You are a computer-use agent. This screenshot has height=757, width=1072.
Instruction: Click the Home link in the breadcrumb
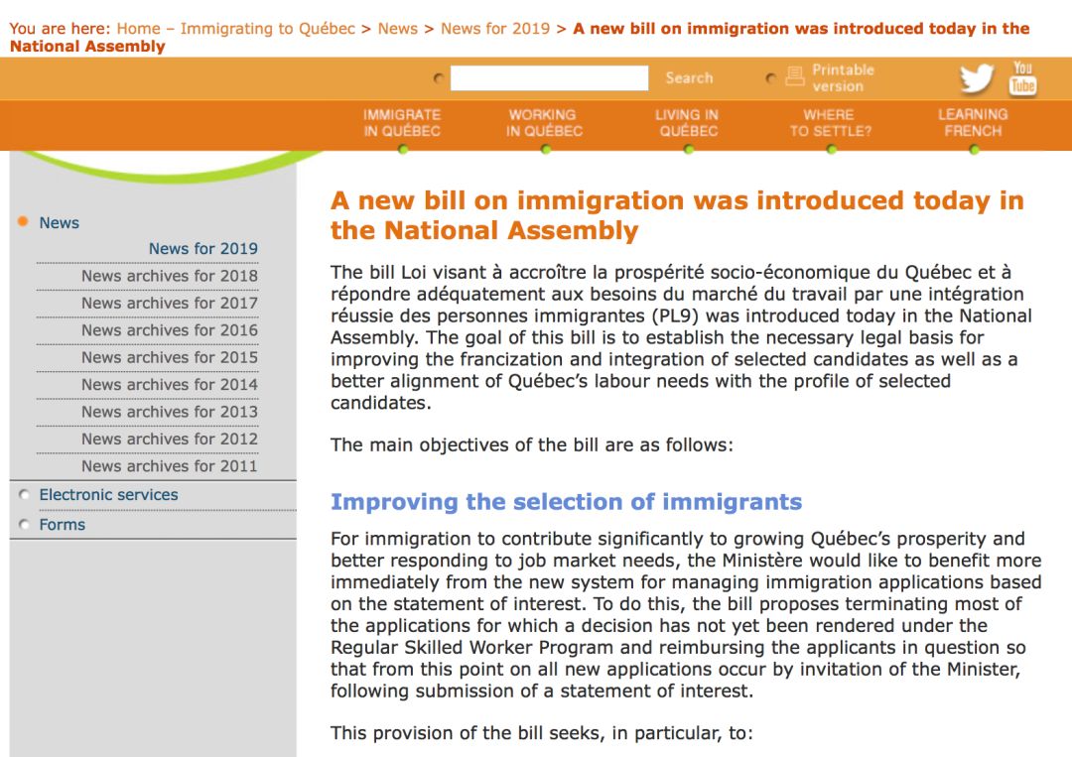pyautogui.click(x=138, y=29)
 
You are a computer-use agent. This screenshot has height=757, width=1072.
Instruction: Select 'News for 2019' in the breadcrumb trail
pyautogui.click(x=494, y=29)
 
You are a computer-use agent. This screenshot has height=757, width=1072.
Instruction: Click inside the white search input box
pyautogui.click(x=549, y=78)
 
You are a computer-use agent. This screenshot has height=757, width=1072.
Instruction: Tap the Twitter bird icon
pyautogui.click(x=977, y=78)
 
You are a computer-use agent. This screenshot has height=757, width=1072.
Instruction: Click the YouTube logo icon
pyautogui.click(x=1022, y=77)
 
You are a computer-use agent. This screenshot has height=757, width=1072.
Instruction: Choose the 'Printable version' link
pyautogui.click(x=843, y=77)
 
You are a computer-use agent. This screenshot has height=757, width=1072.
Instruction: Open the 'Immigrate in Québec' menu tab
pyautogui.click(x=402, y=123)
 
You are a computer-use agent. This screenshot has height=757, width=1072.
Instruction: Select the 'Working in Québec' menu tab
pyautogui.click(x=544, y=123)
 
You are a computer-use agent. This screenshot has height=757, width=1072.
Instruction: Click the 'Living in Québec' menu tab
pyautogui.click(x=687, y=123)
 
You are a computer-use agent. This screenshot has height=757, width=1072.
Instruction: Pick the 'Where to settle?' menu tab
pyautogui.click(x=830, y=123)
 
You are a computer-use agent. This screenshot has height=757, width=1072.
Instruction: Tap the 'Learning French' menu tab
pyautogui.click(x=973, y=123)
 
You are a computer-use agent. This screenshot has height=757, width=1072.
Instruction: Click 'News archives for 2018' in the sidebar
pyautogui.click(x=170, y=276)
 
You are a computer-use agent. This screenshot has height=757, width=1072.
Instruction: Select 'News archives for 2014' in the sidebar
pyautogui.click(x=170, y=385)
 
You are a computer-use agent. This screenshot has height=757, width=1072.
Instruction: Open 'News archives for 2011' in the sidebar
pyautogui.click(x=170, y=466)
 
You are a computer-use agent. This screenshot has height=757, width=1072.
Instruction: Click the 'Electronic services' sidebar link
pyautogui.click(x=108, y=495)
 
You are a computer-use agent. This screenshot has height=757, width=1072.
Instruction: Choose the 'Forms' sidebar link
pyautogui.click(x=62, y=525)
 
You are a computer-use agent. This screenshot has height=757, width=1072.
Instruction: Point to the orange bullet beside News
pyautogui.click(x=23, y=222)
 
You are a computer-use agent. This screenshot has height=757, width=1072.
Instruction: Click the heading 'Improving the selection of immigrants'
pyautogui.click(x=566, y=502)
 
